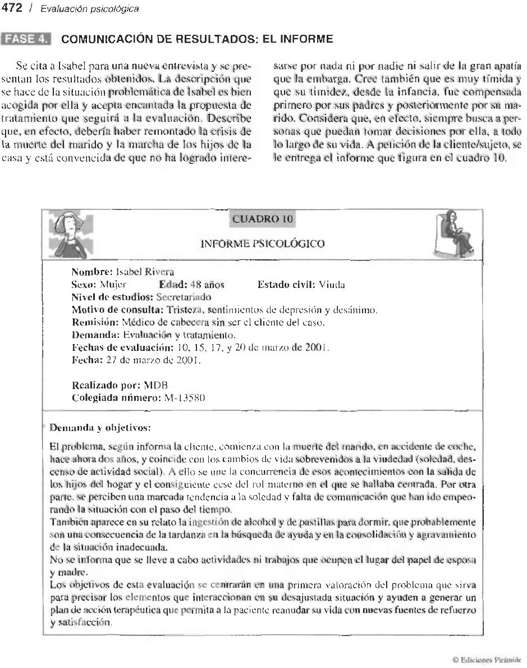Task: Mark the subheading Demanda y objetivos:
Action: pyautogui.click(x=102, y=427)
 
